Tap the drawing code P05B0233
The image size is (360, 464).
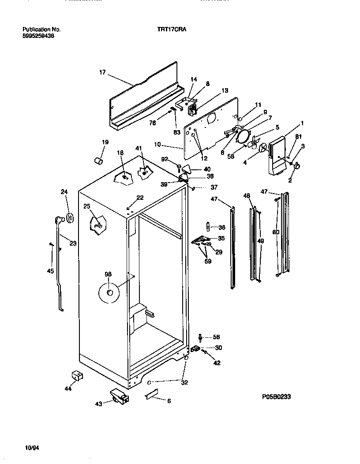tap(276, 397)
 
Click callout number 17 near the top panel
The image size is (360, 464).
tap(102, 72)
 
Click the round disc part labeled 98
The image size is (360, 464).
tap(109, 293)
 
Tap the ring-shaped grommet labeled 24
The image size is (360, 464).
tap(70, 217)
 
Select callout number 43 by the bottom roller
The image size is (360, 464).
tap(98, 404)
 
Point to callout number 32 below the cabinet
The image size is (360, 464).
tap(184, 382)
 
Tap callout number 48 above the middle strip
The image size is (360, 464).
tap(246, 195)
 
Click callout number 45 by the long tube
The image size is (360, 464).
tap(50, 271)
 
